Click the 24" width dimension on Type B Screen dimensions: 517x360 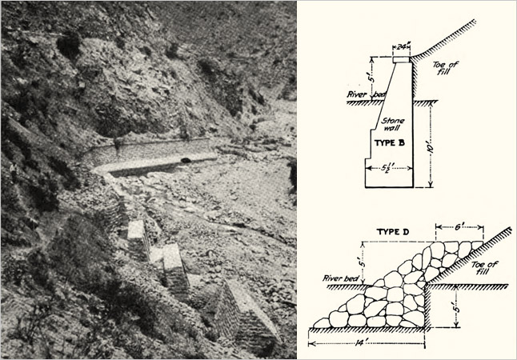(x=401, y=47)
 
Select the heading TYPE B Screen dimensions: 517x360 (x=390, y=142)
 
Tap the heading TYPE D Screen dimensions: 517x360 (x=393, y=232)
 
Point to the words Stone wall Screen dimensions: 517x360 (x=393, y=124)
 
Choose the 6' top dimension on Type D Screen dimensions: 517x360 (x=459, y=227)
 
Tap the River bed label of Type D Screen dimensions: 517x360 (x=341, y=278)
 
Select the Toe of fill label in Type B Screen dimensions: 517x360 (x=445, y=67)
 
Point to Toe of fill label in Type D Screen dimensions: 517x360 (x=484, y=268)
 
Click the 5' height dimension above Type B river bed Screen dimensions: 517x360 (x=372, y=78)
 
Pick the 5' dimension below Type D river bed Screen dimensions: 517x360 (x=456, y=306)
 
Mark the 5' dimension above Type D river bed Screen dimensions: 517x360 (x=363, y=263)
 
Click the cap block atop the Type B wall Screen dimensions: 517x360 (x=401, y=60)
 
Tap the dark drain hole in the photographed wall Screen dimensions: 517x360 (x=186, y=161)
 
